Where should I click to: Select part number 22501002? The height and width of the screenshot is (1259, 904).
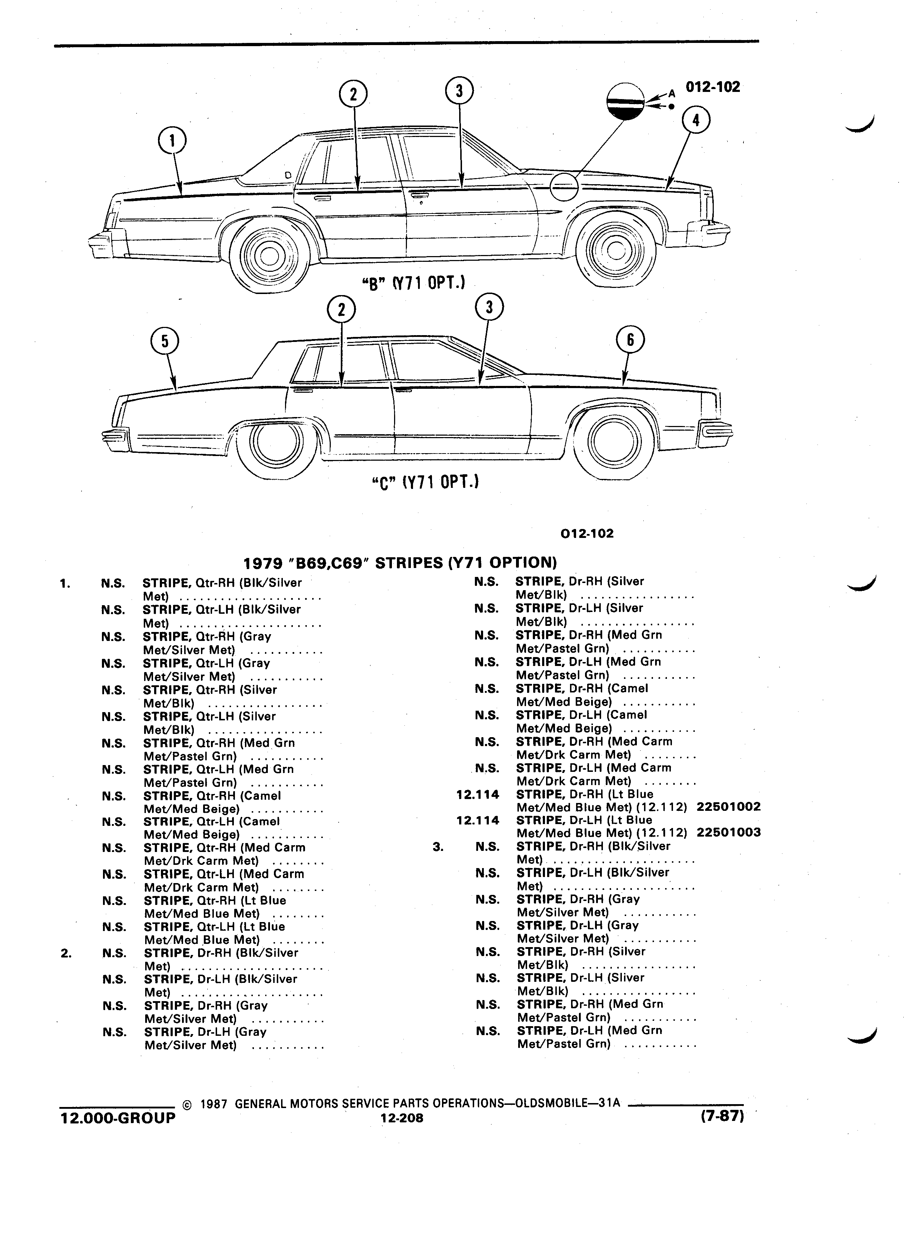point(728,807)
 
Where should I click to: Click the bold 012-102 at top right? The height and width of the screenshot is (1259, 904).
point(713,87)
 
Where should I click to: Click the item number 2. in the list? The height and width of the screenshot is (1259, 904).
point(65,954)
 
